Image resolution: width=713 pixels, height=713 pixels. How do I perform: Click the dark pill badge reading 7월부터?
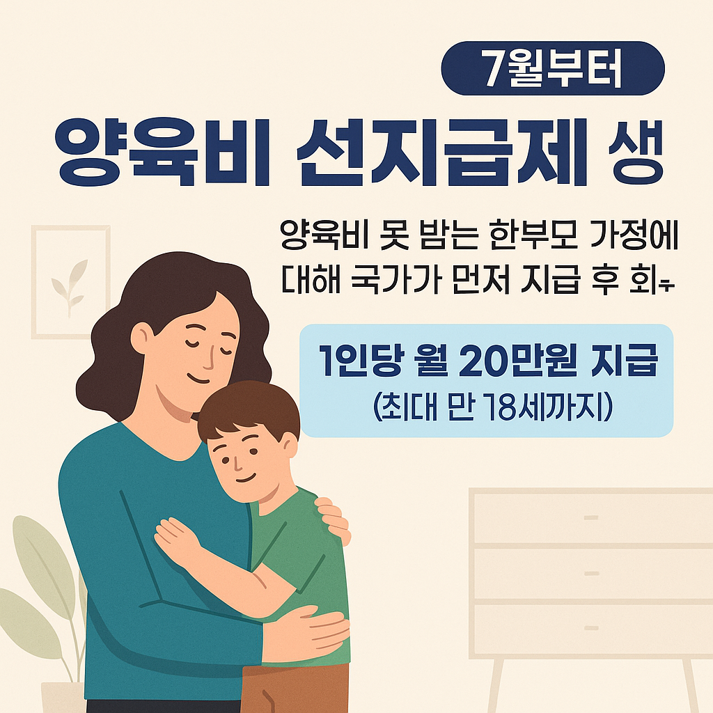(x=554, y=68)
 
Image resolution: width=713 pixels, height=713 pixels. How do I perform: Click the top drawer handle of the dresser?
(x=591, y=518)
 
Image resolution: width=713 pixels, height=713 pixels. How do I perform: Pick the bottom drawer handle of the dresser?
(x=591, y=629)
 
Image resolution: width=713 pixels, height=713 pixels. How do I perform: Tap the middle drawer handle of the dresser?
(x=591, y=574)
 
